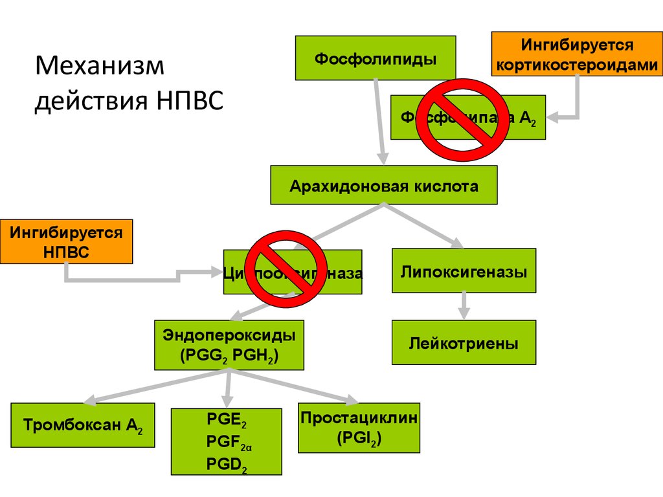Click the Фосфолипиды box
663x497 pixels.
pos(376,58)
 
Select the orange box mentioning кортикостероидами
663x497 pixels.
pos(577,54)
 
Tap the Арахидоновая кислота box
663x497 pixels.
pos(384,186)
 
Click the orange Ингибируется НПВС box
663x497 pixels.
pos(66,241)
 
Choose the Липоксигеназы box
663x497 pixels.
pos(464,271)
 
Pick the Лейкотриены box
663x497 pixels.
pos(464,342)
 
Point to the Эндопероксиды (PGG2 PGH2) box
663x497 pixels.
pos(229,345)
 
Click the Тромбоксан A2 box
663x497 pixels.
pos(84,425)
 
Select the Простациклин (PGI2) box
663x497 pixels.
pos(359,427)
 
